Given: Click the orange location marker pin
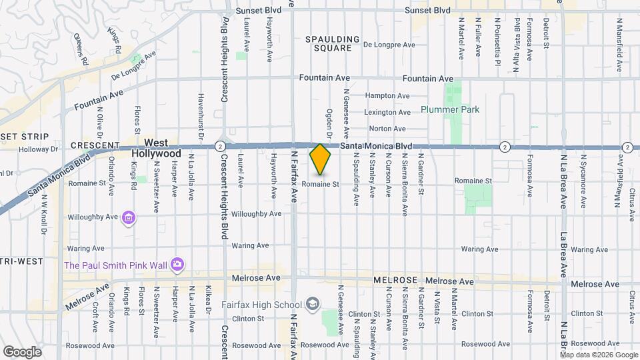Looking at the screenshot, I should tap(321, 159).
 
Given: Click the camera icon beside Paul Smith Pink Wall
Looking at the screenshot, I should tap(177, 265).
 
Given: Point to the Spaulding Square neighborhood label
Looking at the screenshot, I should tap(332, 43).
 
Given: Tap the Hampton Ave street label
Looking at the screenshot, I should tap(388, 96).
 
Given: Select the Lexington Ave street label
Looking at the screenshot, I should tap(387, 113).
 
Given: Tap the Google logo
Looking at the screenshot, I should tap(21, 351).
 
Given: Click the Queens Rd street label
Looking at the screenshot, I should tap(81, 49).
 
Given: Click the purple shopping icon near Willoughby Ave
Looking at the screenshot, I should tap(129, 217).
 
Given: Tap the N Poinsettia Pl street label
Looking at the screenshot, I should tap(497, 38).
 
